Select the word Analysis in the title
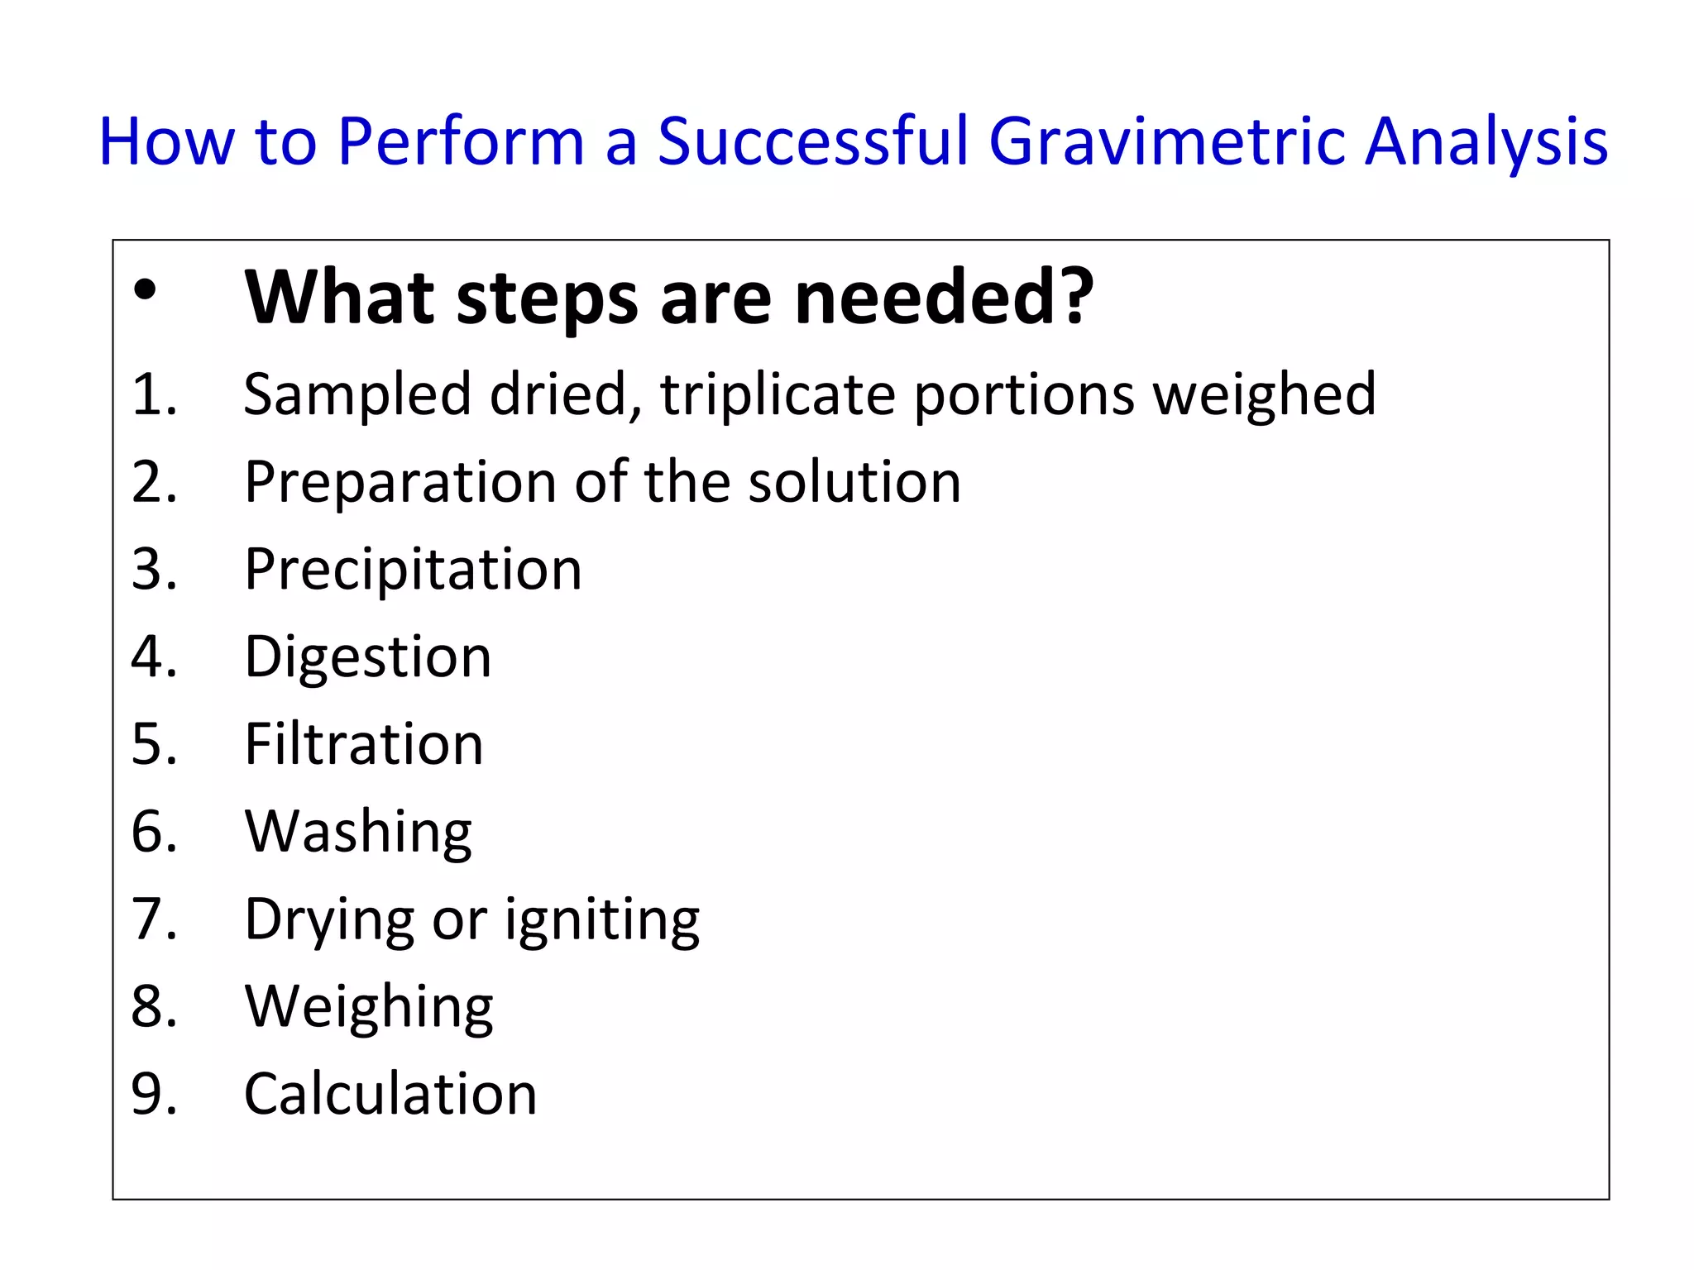(x=1486, y=142)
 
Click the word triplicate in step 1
(x=778, y=395)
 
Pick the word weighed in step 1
(x=1265, y=395)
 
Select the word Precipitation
(x=413, y=570)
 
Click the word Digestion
(x=368, y=657)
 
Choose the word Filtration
(x=364, y=744)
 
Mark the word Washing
(x=358, y=832)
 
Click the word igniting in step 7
(x=602, y=919)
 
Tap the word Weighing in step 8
(x=369, y=1007)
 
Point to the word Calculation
(x=390, y=1094)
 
